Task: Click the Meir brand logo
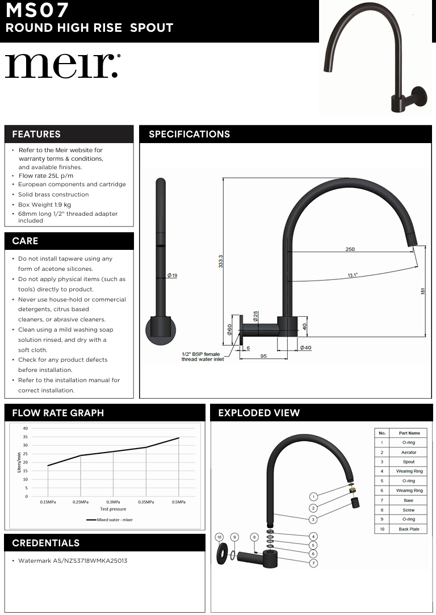click(62, 66)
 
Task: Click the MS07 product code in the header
click(37, 10)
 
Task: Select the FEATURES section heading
click(36, 135)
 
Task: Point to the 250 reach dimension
click(351, 249)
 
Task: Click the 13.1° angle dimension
click(353, 275)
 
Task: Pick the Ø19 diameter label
click(172, 275)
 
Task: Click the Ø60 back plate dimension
click(230, 329)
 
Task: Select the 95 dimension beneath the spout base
click(263, 356)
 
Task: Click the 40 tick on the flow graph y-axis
click(26, 428)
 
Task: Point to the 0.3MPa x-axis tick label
click(113, 502)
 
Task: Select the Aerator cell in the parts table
click(409, 452)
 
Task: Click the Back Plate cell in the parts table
click(409, 529)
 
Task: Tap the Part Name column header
click(409, 433)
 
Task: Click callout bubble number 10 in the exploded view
click(219, 537)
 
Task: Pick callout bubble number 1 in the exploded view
click(313, 496)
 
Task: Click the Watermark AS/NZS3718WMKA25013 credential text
click(73, 561)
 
